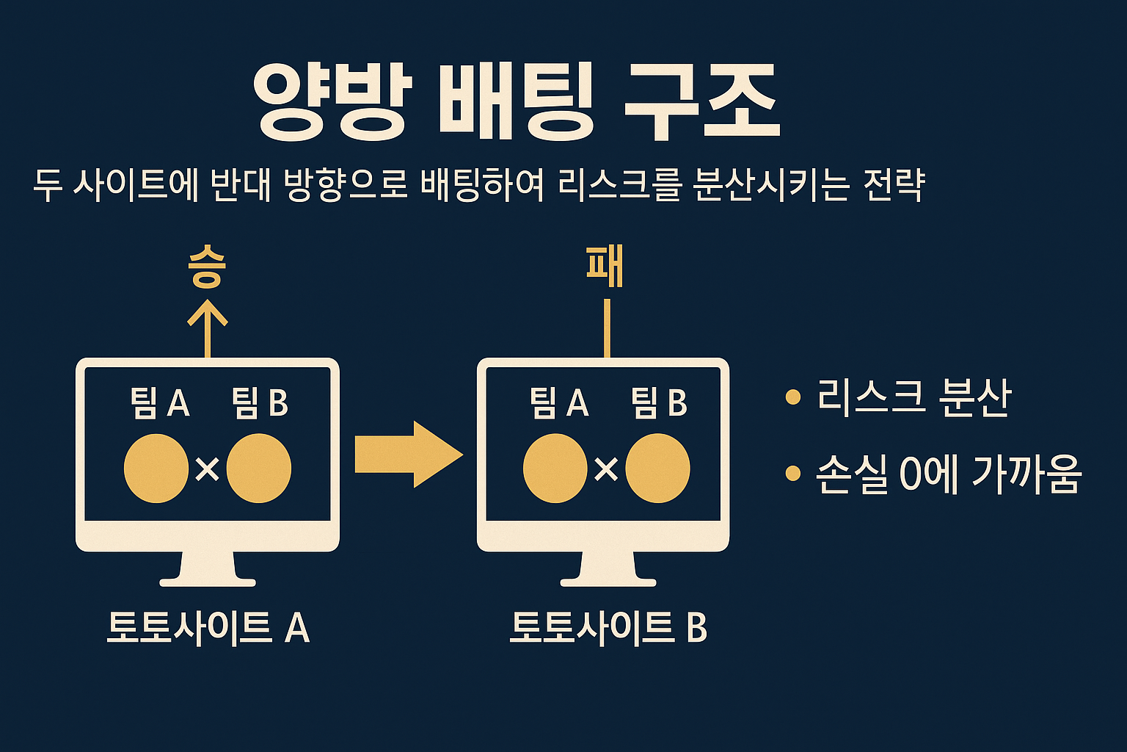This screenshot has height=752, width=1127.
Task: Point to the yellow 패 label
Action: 605,267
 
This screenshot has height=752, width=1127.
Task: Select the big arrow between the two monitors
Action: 408,454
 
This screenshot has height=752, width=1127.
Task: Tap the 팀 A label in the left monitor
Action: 160,402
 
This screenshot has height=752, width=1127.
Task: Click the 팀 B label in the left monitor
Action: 260,402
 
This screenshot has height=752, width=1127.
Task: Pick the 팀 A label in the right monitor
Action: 559,402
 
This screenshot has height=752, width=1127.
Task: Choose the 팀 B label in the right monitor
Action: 659,402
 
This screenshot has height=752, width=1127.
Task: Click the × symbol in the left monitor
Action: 208,469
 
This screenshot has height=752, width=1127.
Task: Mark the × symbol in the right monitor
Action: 606,469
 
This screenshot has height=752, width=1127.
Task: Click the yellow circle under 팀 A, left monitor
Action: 156,469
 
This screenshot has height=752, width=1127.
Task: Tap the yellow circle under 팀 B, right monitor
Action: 658,469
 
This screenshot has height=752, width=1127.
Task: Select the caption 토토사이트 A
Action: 208,628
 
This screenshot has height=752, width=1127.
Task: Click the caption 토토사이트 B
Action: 608,628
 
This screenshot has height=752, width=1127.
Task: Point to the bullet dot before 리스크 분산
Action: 792,398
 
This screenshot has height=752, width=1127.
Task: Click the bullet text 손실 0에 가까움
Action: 949,474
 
